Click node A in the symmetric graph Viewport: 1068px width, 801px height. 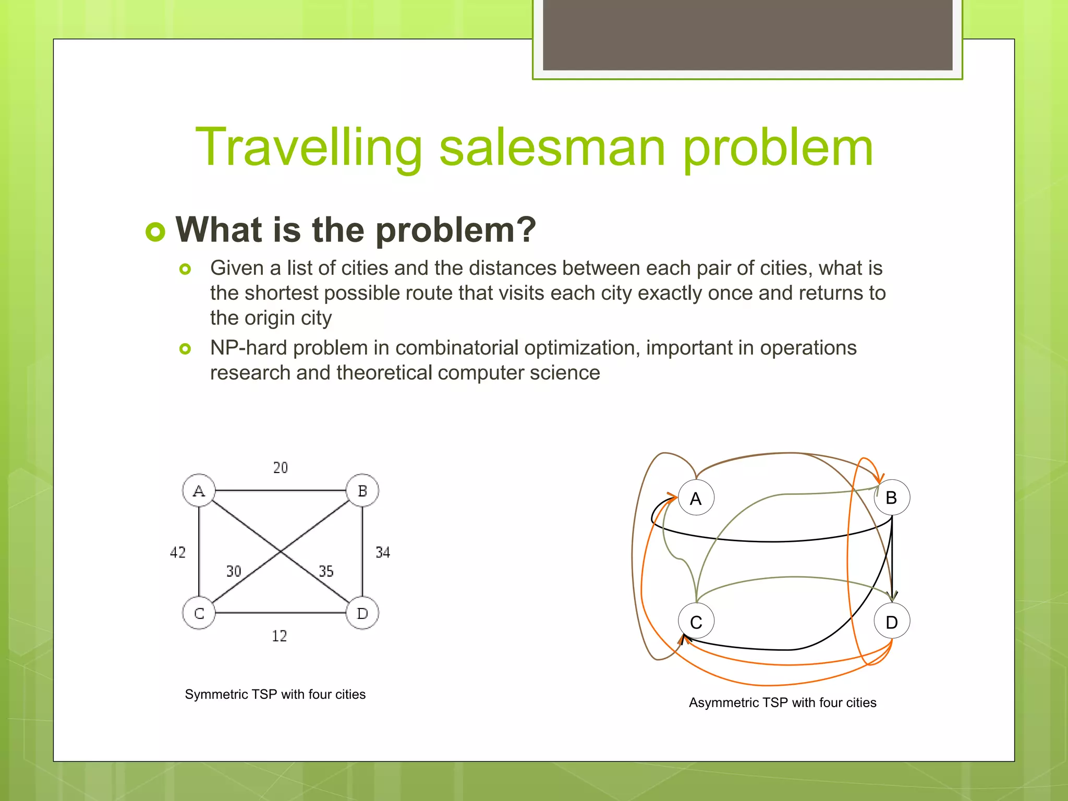[x=199, y=490]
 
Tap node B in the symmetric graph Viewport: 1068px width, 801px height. [x=362, y=490]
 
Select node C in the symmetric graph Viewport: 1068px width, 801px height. [x=199, y=613]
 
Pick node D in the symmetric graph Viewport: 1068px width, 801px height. [x=362, y=613]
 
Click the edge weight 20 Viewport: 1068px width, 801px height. [x=281, y=468]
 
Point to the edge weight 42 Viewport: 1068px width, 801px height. [x=178, y=552]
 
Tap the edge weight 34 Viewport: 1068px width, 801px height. [x=383, y=552]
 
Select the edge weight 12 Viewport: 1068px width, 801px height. [x=280, y=636]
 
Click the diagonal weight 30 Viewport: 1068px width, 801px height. [x=234, y=571]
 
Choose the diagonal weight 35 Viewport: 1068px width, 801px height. [x=326, y=571]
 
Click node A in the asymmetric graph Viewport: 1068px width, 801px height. [x=696, y=498]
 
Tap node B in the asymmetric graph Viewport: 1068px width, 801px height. [x=892, y=497]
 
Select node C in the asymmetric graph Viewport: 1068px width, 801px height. [x=696, y=622]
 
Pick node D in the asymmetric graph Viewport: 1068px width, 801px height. [x=892, y=622]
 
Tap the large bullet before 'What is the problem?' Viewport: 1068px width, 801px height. [x=155, y=231]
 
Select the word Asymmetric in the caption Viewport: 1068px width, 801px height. [x=723, y=702]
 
